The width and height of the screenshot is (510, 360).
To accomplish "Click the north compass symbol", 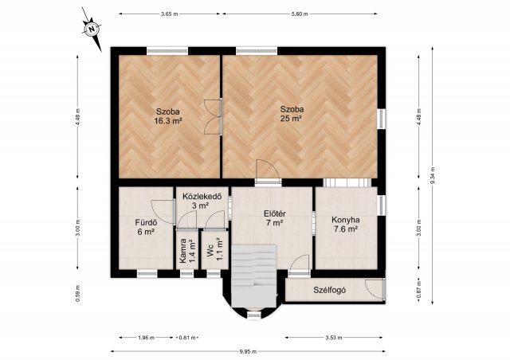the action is click(92, 29).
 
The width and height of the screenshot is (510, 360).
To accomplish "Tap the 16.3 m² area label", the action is click(168, 121).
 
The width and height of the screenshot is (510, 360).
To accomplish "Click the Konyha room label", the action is click(346, 220).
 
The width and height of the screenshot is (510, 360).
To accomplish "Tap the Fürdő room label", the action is click(146, 223).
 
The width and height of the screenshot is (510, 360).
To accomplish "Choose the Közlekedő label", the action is click(202, 197).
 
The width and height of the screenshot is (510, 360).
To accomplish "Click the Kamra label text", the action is click(182, 251).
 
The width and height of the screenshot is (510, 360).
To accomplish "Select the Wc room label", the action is click(210, 253).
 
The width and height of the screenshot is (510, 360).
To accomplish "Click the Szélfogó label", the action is click(329, 290).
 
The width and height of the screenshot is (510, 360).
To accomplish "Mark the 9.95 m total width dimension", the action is click(248, 351).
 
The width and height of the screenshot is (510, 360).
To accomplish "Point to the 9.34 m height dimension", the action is click(432, 175).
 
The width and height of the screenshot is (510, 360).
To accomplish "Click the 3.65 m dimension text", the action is click(170, 14).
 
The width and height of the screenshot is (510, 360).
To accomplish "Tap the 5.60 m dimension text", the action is click(300, 14).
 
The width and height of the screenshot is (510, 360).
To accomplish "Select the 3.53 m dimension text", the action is click(334, 338).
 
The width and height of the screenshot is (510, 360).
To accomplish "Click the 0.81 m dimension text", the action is click(187, 338).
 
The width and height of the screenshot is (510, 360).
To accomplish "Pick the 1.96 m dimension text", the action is click(146, 338).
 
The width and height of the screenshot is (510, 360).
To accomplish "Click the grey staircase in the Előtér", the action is click(254, 276).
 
